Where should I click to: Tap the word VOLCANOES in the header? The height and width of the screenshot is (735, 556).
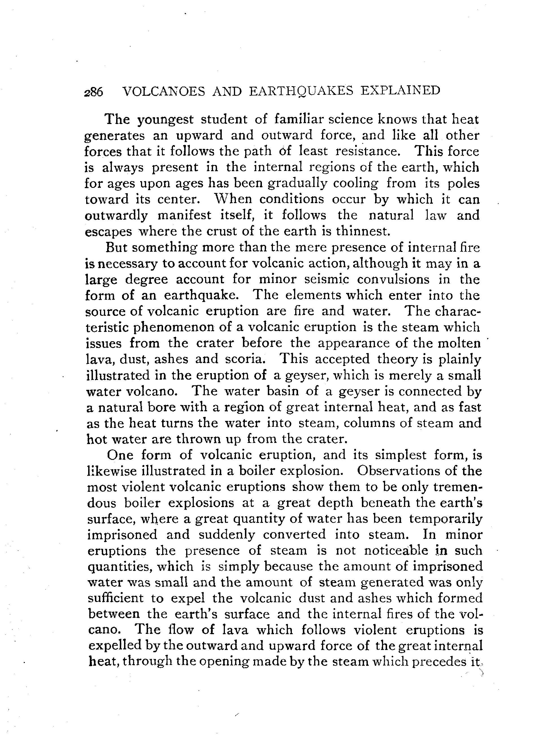[x=164, y=91]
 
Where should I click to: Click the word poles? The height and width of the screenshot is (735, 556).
[x=464, y=183]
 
